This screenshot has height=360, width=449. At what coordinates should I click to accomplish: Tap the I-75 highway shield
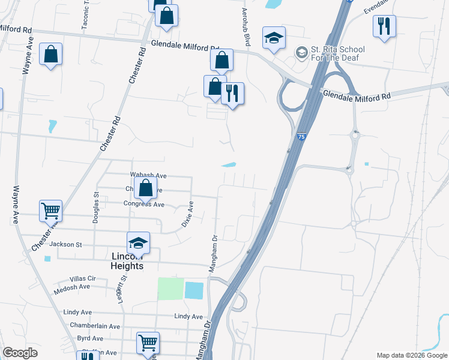click(x=300, y=137)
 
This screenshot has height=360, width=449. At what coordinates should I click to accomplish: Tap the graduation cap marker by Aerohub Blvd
click(x=273, y=38)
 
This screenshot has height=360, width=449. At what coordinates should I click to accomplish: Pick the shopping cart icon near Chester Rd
click(x=51, y=211)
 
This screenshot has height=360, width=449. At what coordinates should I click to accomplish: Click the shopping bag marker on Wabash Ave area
click(x=145, y=188)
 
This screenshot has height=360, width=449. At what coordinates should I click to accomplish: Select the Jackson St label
click(x=65, y=244)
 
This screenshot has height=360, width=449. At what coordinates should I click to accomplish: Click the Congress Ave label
click(x=143, y=204)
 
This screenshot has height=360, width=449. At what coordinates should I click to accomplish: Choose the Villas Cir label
click(x=83, y=278)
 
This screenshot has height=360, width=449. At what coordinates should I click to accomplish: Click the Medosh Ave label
click(x=71, y=287)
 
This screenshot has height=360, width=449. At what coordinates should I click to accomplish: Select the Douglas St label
click(x=96, y=208)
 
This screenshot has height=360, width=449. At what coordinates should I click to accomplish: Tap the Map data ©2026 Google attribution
click(x=411, y=355)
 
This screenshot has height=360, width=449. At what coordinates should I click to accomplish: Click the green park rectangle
click(x=170, y=289)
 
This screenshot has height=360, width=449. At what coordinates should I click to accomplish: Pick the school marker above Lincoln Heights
click(x=138, y=242)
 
